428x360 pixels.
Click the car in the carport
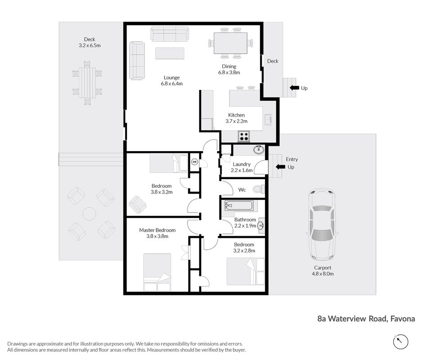322,224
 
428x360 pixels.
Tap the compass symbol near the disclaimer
401,342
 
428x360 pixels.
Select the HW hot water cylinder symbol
195,162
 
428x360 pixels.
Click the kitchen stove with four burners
244,136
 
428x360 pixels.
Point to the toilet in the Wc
259,189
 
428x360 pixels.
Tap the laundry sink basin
259,149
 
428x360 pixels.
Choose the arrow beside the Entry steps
280,166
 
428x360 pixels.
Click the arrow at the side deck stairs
294,88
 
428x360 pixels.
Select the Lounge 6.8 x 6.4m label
172,81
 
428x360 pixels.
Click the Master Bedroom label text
157,230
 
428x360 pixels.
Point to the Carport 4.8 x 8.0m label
323,271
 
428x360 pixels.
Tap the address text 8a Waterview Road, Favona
366,319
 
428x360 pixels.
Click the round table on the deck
89,214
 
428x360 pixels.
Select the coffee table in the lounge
170,53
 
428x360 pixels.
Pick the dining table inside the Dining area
230,43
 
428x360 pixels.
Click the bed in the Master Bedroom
157,272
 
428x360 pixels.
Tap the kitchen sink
268,120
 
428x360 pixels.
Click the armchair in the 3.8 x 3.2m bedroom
137,205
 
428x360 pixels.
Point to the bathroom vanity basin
261,225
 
